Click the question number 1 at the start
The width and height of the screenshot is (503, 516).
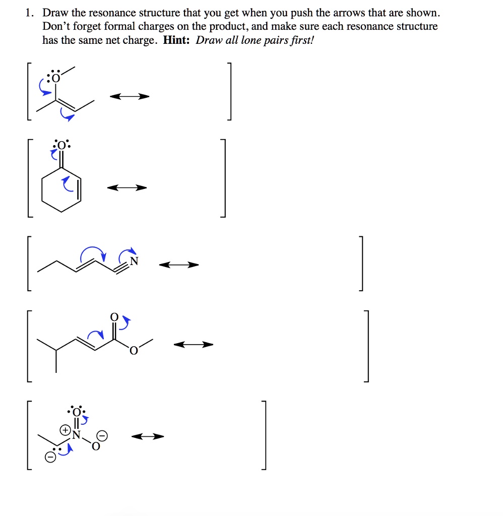coord(29,13)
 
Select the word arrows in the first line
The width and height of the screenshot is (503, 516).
coord(333,13)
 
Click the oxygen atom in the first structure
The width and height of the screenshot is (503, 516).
coord(54,79)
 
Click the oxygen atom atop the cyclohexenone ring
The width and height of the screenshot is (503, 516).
coord(61,146)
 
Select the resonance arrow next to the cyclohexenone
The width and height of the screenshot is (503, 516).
coord(127,188)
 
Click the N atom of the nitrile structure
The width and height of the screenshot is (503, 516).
coord(133,261)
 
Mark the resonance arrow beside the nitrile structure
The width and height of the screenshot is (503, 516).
coord(179,265)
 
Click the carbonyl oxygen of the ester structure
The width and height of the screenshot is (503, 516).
coord(114,317)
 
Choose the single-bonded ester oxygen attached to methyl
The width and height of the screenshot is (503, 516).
coord(133,351)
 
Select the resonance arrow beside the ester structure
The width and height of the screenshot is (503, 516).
coord(194,345)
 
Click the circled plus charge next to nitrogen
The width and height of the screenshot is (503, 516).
coord(65,431)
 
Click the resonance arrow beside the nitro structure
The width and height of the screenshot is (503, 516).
coord(148,436)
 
